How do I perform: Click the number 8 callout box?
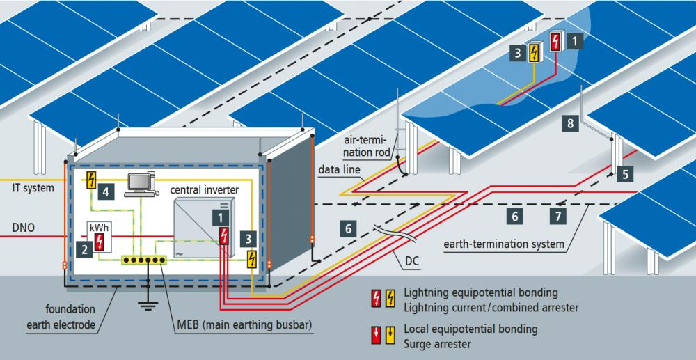click(x=571, y=123)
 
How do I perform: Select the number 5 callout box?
click(x=625, y=175)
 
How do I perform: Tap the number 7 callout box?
click(x=558, y=216)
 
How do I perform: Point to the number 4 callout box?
click(x=105, y=191)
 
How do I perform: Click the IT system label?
click(x=33, y=188)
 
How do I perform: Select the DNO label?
click(x=24, y=228)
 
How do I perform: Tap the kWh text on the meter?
click(x=99, y=227)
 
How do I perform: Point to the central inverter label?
click(x=204, y=190)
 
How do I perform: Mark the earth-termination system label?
click(x=504, y=244)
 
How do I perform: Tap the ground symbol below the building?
click(x=148, y=305)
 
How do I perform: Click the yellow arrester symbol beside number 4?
click(x=92, y=180)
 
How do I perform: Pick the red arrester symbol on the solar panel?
click(x=555, y=42)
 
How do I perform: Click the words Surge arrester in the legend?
click(x=437, y=343)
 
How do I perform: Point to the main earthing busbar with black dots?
click(x=144, y=260)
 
